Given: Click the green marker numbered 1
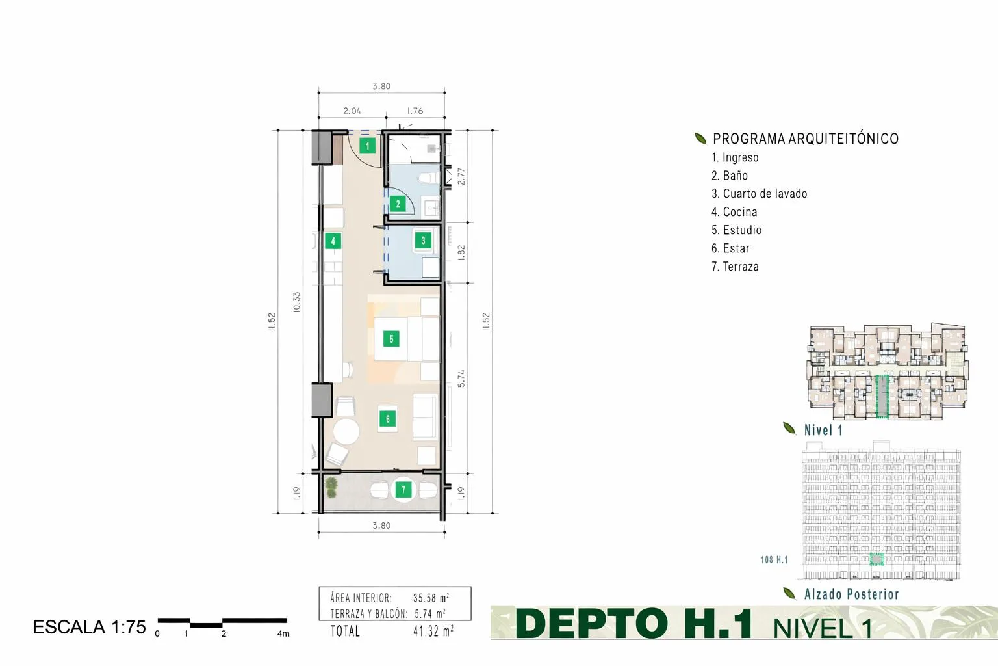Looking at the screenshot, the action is (367, 146).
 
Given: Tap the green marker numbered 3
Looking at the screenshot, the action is (423, 241).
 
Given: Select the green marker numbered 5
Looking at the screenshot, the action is (391, 339).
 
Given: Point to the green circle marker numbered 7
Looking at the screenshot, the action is (403, 490).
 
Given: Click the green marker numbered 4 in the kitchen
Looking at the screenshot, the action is (333, 241).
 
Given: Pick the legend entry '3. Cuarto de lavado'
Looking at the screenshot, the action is (759, 194).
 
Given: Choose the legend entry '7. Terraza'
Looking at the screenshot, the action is (735, 266).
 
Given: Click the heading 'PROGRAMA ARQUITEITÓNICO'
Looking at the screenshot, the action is (806, 139).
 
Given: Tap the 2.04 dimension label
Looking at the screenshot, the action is (352, 111).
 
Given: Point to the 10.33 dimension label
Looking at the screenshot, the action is (297, 302).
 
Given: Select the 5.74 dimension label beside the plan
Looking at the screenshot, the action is (461, 379).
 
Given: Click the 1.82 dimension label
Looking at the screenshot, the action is (461, 252).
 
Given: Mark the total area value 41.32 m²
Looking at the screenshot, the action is (433, 631).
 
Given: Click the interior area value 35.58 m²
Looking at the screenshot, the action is (431, 598).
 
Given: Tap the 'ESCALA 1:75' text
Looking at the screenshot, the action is (89, 627).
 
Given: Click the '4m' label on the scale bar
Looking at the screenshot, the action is (283, 633).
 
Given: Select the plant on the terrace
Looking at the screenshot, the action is (331, 487).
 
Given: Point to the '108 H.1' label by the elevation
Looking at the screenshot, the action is (774, 559).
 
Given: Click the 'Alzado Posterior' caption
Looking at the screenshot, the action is (851, 594).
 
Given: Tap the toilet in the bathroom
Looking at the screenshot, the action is (429, 178).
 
